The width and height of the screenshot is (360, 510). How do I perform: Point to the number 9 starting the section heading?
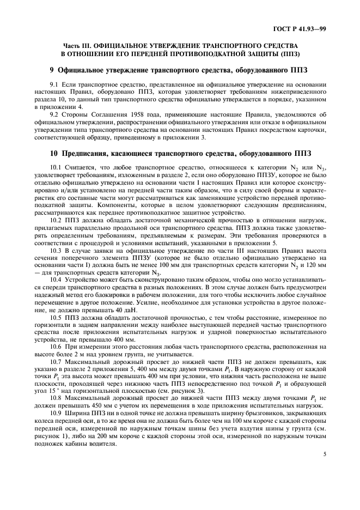click(51, 70)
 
